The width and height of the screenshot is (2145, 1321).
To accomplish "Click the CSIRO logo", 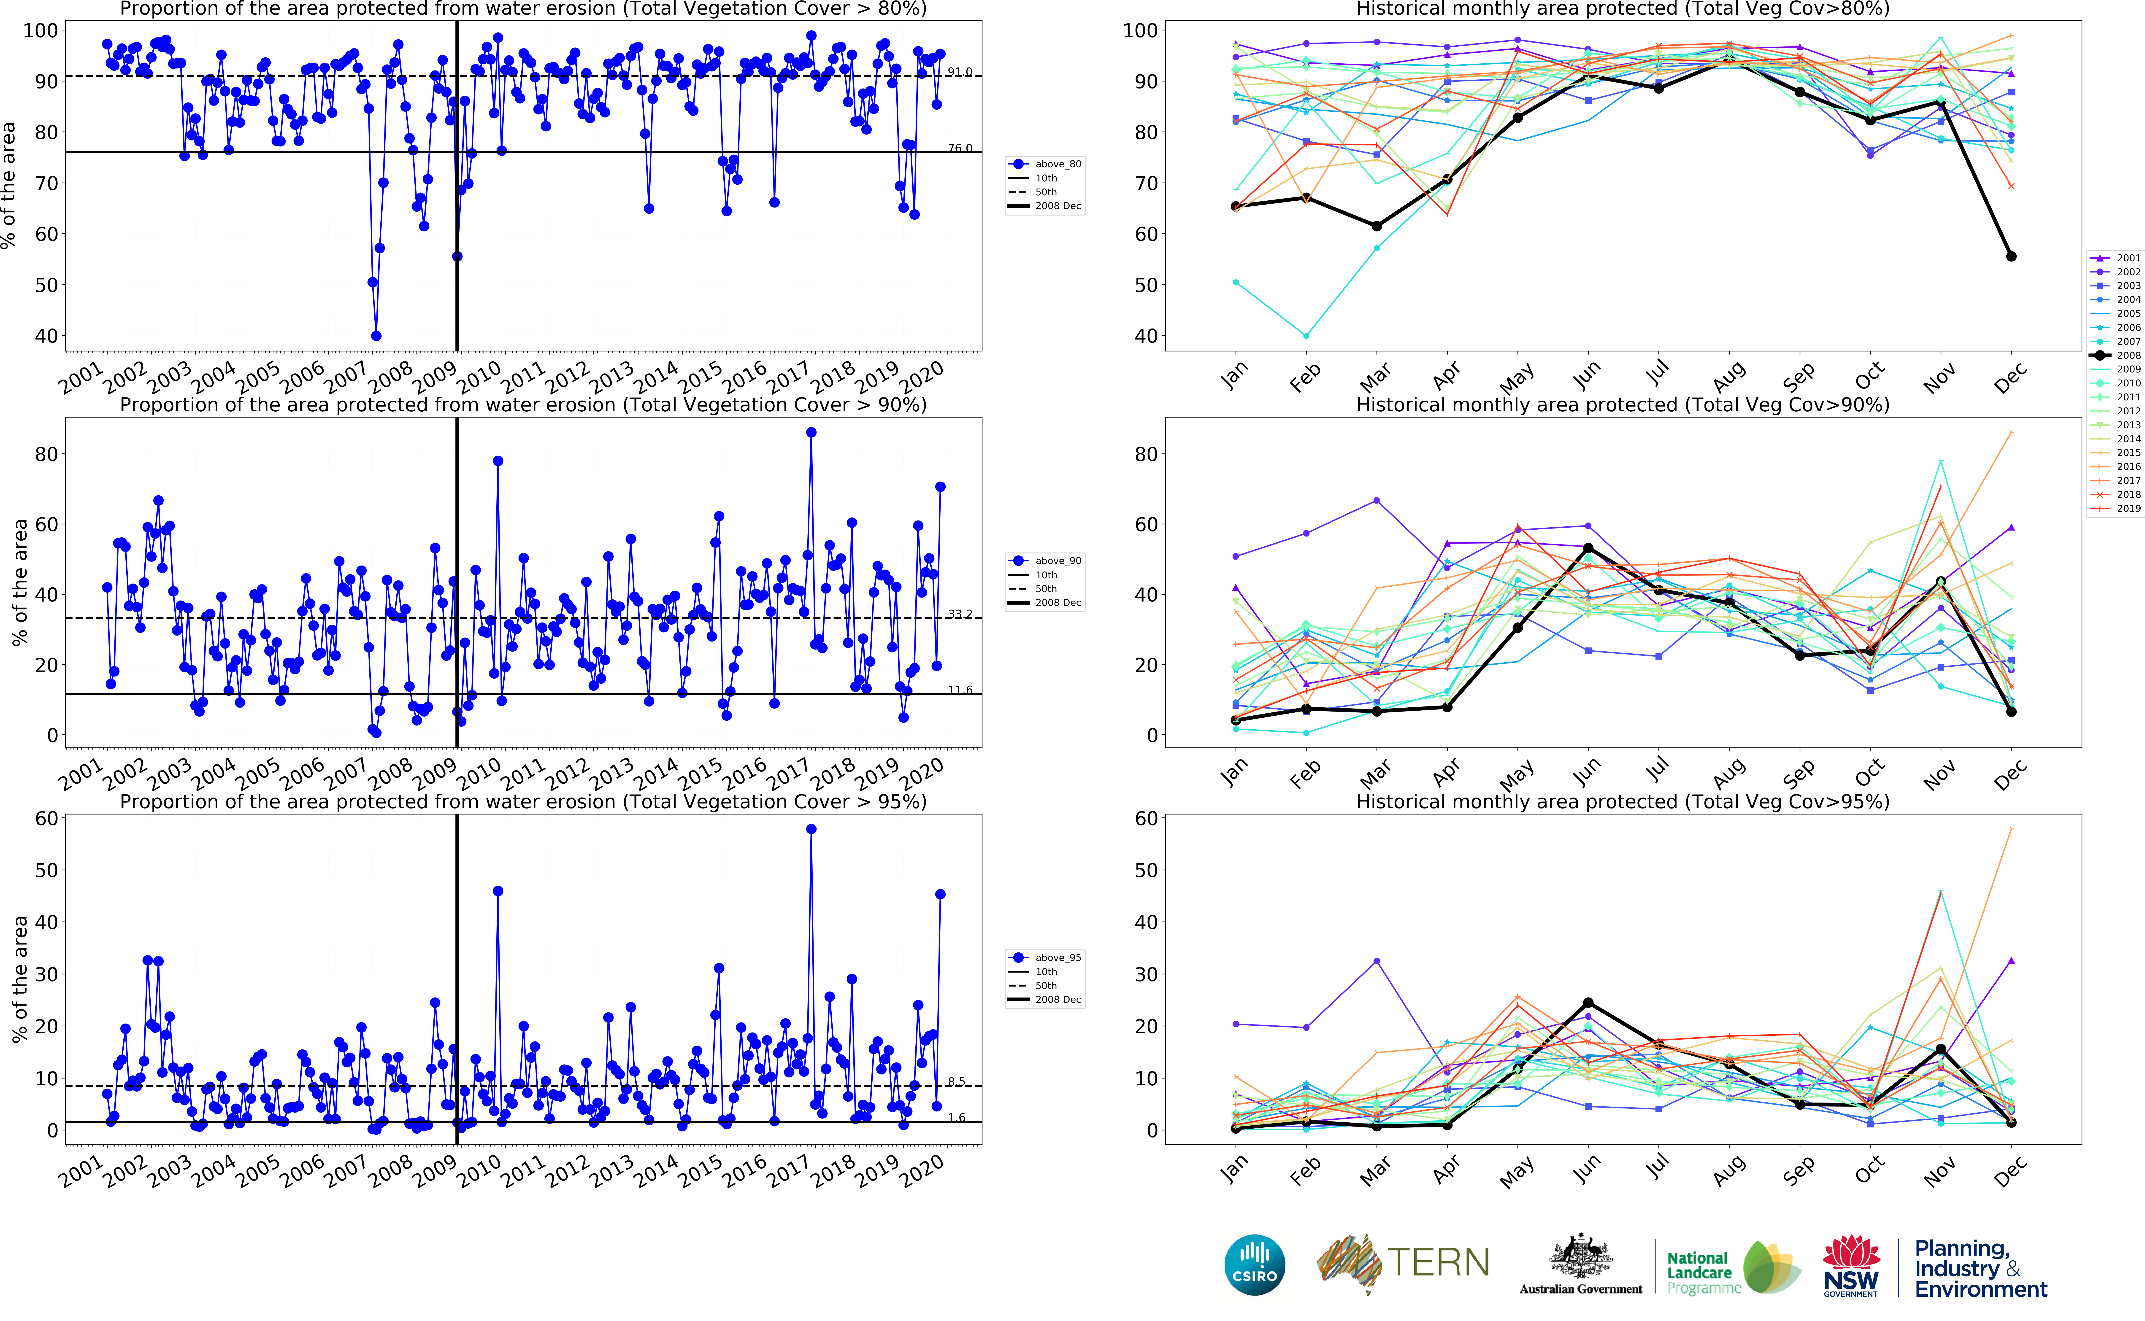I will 1255,1264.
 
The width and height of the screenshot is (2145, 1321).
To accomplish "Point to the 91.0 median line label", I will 959,72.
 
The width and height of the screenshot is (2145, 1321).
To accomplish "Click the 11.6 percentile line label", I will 959,689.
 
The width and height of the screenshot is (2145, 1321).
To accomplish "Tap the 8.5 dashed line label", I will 957,1082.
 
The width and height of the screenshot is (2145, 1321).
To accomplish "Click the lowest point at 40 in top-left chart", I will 376,335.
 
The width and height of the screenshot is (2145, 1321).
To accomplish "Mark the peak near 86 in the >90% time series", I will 811,432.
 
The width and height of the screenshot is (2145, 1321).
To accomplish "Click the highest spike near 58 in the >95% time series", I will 811,829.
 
